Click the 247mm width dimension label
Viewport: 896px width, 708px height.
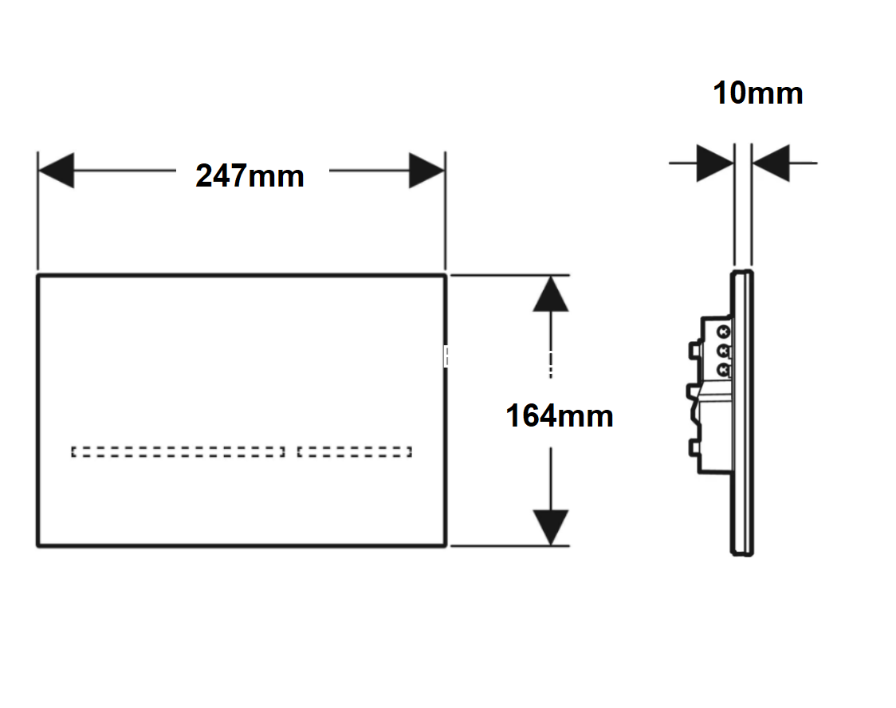click(250, 175)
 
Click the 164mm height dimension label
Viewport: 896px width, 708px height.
click(560, 415)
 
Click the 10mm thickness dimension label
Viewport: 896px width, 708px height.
click(758, 92)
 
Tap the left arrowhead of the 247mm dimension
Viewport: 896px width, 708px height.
click(56, 171)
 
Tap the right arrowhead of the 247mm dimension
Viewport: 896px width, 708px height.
click(426, 171)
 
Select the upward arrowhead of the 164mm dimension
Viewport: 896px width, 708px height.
click(550, 293)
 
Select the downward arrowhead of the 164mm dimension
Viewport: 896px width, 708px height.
click(550, 528)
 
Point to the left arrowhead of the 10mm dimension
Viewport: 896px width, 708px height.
click(715, 163)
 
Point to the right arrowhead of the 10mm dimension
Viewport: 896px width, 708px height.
click(771, 163)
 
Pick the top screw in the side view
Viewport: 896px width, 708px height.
click(724, 332)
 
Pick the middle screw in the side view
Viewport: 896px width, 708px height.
click(724, 350)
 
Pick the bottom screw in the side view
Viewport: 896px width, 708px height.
click(724, 370)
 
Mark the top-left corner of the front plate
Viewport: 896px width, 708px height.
click(38, 276)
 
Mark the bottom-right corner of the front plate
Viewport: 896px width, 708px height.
click(445, 545)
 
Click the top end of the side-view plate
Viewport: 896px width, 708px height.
click(741, 272)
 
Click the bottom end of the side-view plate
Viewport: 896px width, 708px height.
click(741, 553)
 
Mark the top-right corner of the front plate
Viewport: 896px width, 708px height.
click(445, 276)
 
